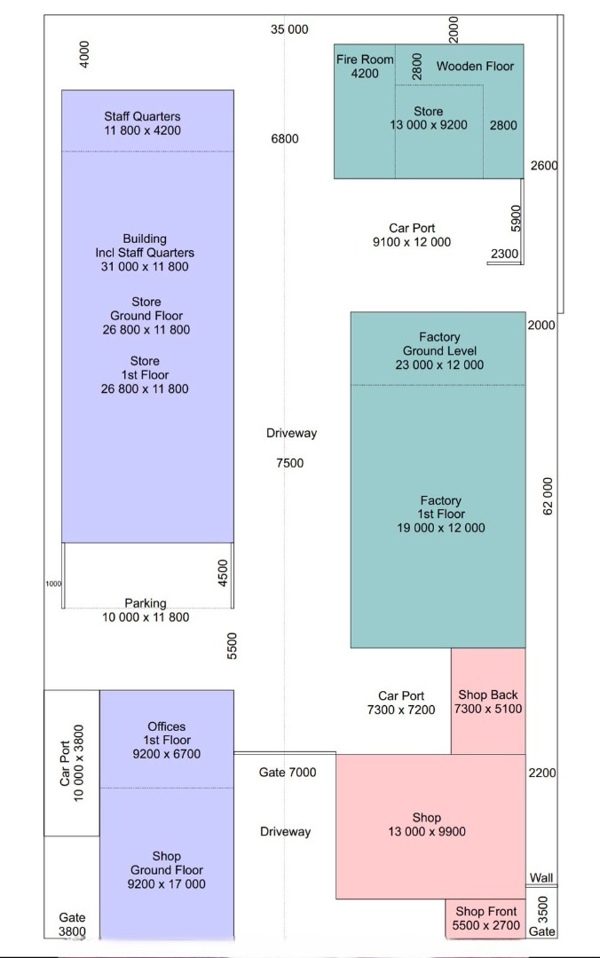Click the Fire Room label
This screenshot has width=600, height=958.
tap(365, 66)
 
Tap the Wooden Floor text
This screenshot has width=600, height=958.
tap(475, 66)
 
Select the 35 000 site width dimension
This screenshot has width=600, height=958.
tap(289, 29)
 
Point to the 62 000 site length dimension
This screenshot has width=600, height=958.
tap(548, 496)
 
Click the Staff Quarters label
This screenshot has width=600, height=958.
tap(143, 122)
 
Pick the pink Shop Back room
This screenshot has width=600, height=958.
tap(488, 701)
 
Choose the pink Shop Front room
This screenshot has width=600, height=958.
tap(486, 918)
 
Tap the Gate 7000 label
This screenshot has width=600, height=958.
tap(288, 773)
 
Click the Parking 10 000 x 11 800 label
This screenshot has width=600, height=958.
tap(146, 610)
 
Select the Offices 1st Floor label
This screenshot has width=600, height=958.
tap(166, 740)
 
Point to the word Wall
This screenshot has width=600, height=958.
tap(541, 878)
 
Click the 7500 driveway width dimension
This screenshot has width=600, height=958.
tap(289, 462)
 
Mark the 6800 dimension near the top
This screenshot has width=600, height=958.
tap(285, 138)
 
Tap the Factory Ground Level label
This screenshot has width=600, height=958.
tap(439, 350)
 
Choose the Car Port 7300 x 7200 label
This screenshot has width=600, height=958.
tap(401, 703)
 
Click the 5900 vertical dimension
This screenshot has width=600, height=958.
tap(516, 218)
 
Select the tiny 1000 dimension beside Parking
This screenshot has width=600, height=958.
tap(53, 584)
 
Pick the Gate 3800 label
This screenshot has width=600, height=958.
tap(72, 924)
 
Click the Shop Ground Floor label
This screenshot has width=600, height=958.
tap(166, 869)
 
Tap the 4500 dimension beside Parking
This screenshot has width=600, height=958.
tap(223, 573)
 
